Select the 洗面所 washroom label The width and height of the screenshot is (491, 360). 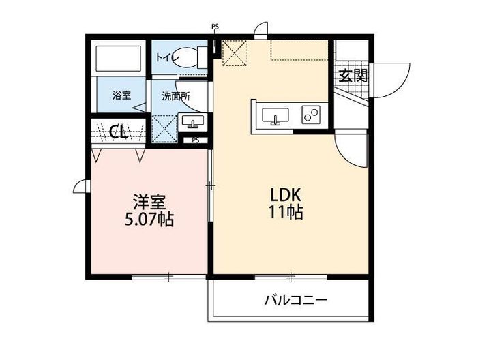pyautogui.click(x=175, y=96)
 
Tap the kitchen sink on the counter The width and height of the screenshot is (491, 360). pyautogui.click(x=276, y=116)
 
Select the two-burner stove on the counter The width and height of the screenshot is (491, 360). pyautogui.click(x=312, y=115)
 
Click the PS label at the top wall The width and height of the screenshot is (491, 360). pyautogui.click(x=215, y=27)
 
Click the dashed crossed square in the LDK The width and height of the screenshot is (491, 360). pyautogui.click(x=234, y=52)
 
